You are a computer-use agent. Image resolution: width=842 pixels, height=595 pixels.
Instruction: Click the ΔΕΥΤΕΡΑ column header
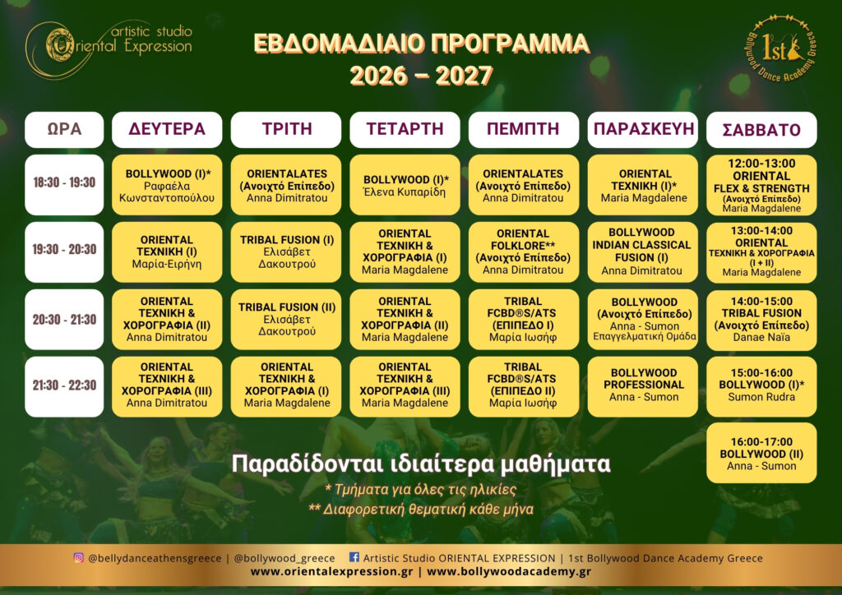[167, 129]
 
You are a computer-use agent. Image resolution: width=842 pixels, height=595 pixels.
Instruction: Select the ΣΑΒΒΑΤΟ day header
[761, 129]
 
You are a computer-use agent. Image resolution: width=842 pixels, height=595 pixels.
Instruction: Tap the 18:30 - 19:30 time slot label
[64, 185]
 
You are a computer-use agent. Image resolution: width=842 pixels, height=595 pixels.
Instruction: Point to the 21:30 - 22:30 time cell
[64, 386]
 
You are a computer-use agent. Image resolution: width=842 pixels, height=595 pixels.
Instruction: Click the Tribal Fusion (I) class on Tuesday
[286, 251]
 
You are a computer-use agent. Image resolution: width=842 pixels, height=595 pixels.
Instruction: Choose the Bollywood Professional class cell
[643, 386]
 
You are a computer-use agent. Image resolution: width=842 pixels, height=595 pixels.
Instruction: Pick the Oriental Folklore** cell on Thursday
[524, 251]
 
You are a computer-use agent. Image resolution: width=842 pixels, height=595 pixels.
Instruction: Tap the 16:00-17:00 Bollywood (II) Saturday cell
[761, 453]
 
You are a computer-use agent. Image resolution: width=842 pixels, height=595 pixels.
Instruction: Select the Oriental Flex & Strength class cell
[761, 185]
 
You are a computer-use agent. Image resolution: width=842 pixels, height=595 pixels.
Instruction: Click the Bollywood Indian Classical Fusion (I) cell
[643, 251]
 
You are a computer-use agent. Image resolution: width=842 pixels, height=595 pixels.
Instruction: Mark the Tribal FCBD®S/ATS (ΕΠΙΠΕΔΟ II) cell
[524, 386]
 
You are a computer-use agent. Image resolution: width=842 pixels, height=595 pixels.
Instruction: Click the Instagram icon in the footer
[78, 557]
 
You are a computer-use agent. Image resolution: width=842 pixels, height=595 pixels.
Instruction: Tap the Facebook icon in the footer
[354, 557]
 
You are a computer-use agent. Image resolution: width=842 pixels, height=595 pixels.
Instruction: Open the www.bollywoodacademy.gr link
[508, 571]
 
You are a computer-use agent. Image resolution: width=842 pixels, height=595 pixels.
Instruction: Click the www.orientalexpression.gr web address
[332, 571]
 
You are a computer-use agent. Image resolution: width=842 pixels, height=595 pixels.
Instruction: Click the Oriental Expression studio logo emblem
[60, 45]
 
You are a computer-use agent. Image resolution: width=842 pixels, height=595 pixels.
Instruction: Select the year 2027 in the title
[464, 76]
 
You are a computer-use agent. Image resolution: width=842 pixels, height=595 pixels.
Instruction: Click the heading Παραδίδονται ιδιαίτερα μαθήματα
[421, 464]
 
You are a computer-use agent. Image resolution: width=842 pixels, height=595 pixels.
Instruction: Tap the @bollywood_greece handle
[285, 559]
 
